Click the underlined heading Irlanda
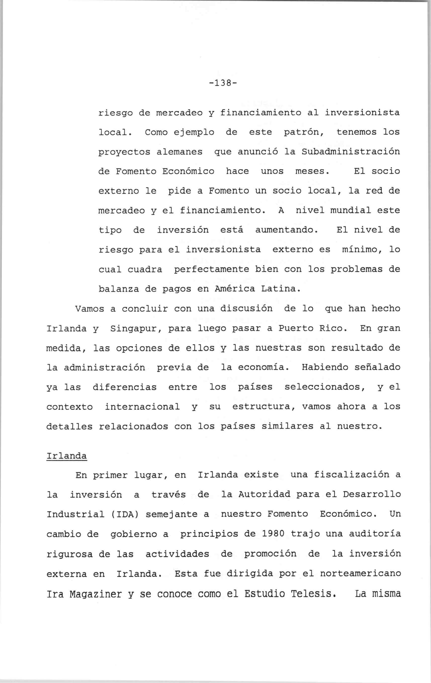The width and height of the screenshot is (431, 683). (66, 456)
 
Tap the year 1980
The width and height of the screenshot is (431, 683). (273, 534)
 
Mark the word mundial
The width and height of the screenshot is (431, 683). (351, 210)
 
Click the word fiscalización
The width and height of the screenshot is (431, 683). (351, 475)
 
